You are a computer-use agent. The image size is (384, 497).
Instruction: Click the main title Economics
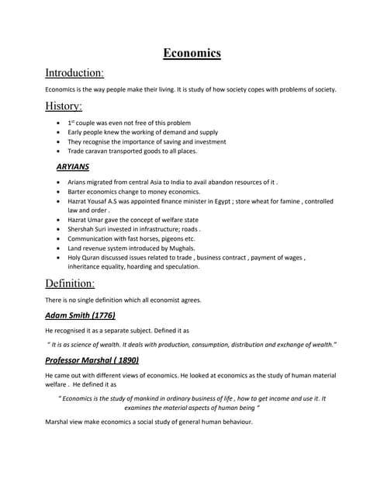(x=192, y=53)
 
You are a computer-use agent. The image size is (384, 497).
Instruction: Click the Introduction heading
(x=74, y=73)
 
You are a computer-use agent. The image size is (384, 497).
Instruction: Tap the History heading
(x=64, y=106)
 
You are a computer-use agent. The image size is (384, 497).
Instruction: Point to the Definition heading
(x=70, y=283)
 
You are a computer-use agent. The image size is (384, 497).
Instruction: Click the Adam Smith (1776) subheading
(x=80, y=316)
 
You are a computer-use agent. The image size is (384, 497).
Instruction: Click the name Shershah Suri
(x=90, y=229)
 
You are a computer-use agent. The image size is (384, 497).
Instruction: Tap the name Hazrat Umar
(x=88, y=220)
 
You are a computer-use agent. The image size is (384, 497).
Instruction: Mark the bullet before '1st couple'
(x=60, y=123)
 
